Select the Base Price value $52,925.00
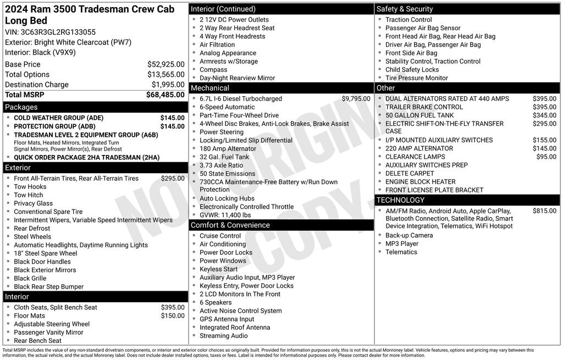[165, 64]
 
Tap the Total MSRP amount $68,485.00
[165, 95]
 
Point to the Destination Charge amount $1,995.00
[168, 85]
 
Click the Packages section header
[21, 107]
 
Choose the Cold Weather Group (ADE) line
[58, 118]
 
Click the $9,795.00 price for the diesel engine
[356, 99]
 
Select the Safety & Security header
[404, 9]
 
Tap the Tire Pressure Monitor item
[416, 78]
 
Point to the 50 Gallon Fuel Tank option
[420, 115]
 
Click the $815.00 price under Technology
[544, 211]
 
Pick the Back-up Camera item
[409, 235]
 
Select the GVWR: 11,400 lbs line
[225, 215]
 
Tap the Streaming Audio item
[223, 336]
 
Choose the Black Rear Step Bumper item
[48, 287]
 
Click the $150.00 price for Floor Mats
[173, 315]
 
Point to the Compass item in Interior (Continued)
[213, 70]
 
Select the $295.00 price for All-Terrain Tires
[173, 179]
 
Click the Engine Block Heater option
[420, 182]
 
